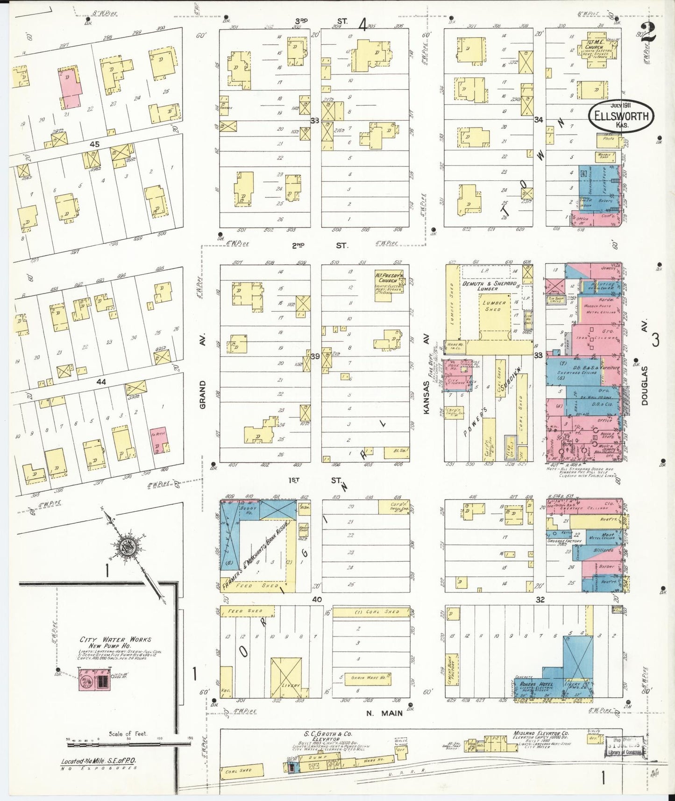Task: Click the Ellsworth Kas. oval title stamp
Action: (x=621, y=116)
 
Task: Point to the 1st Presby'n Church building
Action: (x=389, y=282)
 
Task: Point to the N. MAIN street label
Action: (x=384, y=713)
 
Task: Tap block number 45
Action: (x=94, y=144)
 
